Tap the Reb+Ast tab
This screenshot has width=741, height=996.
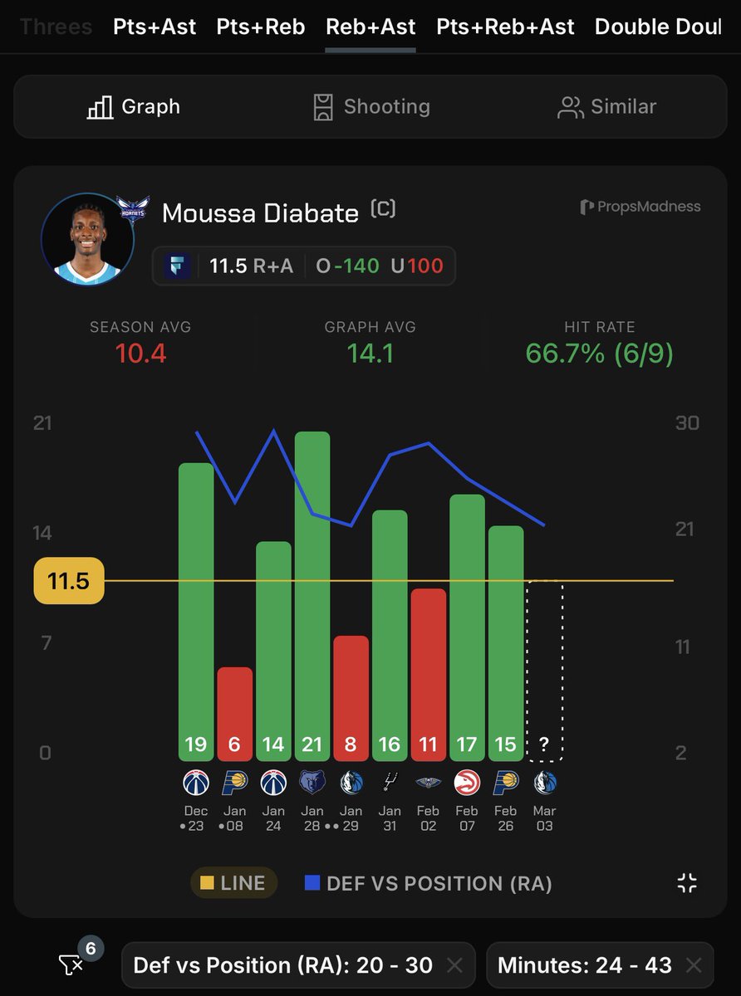(370, 27)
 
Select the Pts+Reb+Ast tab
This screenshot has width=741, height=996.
(505, 27)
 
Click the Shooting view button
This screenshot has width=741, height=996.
(370, 106)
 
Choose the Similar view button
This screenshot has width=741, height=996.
(607, 106)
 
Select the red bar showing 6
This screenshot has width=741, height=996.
(234, 714)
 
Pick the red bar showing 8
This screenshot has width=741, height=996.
(351, 698)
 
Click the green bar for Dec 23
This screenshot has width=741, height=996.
(196, 612)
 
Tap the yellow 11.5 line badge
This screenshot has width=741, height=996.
(69, 581)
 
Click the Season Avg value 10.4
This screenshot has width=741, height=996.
(140, 354)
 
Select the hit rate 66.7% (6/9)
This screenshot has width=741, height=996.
(599, 354)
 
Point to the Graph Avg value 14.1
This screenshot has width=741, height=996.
(370, 354)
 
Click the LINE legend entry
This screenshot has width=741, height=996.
(234, 883)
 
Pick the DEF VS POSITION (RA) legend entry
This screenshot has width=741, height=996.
(429, 883)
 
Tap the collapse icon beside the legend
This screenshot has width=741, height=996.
(687, 883)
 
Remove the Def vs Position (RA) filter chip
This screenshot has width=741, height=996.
(454, 964)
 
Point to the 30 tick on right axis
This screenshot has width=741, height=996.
(687, 422)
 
